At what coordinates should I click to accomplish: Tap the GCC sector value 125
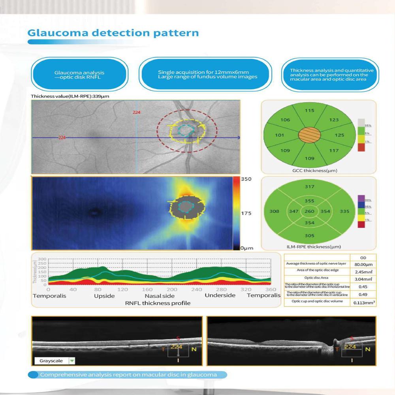pos(339,135)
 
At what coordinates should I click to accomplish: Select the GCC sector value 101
pos(279,135)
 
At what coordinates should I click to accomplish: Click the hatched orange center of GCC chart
pos(309,135)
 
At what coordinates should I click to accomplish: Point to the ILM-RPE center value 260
pos(309,211)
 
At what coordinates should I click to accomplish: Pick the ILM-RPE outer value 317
pos(309,187)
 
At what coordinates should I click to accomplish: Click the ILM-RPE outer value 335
pos(344,211)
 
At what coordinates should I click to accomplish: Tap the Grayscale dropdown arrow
pos(72,361)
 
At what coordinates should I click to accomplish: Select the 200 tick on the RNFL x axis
pos(171,290)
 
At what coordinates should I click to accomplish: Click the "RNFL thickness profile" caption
pos(158,303)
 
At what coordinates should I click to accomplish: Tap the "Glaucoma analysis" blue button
pos(79,75)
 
